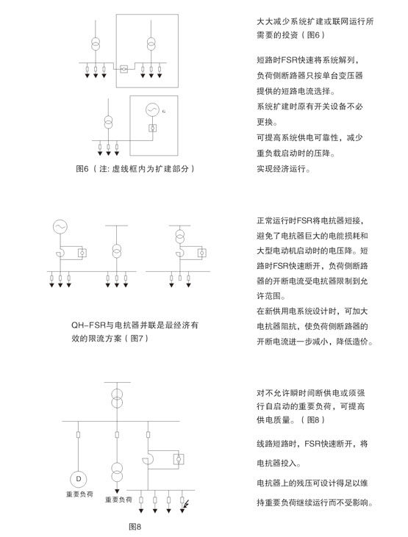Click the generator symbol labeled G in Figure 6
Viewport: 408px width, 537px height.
point(152,110)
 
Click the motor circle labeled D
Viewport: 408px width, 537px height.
point(78,479)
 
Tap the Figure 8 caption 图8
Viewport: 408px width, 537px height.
point(135,527)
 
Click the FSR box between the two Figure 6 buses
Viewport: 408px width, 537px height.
point(124,69)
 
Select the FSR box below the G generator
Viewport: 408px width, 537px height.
point(153,128)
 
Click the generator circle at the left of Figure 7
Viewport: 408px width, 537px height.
point(60,226)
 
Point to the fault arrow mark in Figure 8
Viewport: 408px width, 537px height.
point(187,504)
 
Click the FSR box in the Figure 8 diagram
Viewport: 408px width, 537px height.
point(179,458)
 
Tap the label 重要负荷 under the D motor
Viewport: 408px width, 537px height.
point(79,494)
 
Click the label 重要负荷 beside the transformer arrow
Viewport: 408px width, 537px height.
point(118,500)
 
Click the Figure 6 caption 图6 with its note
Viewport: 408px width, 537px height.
point(135,168)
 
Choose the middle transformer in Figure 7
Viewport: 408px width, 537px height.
point(117,251)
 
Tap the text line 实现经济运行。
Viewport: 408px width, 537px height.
point(284,168)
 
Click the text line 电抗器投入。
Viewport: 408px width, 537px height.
point(279,463)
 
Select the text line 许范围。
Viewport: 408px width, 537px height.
point(271,295)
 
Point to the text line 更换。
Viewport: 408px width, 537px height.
point(267,122)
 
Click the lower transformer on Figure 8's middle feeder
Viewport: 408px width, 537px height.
point(117,472)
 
